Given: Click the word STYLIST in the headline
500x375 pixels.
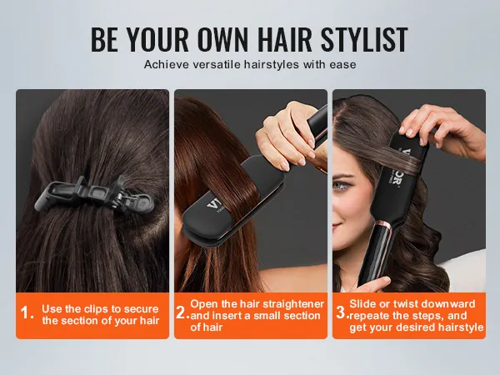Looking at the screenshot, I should [359, 39].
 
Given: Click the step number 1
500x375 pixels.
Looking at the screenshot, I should [26, 314].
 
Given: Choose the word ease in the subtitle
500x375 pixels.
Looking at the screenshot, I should [344, 64].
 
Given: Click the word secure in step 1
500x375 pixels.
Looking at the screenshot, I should [142, 308].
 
